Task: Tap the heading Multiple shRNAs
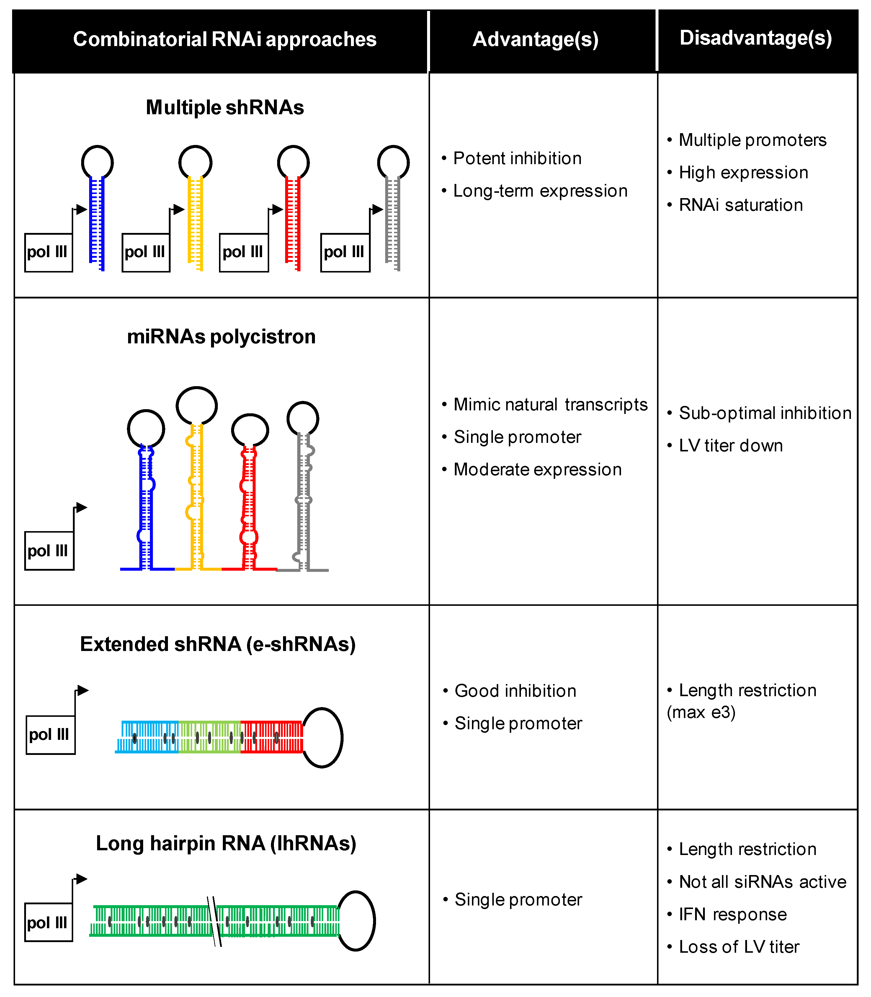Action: click(x=225, y=107)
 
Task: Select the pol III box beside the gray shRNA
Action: click(x=345, y=252)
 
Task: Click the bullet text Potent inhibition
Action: click(x=517, y=159)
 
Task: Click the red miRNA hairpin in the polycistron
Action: click(x=248, y=505)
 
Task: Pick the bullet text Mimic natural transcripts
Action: click(x=550, y=404)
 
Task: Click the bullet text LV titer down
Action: click(x=731, y=446)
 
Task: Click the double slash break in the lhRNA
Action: click(x=214, y=921)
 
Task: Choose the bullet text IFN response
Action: click(x=733, y=914)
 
